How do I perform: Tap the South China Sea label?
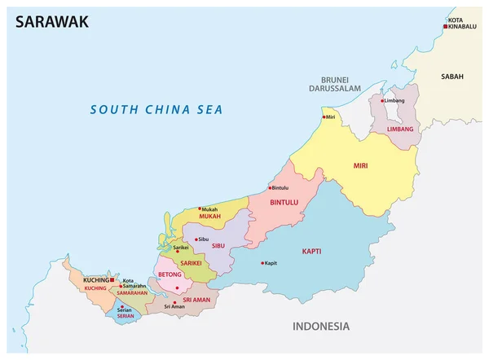[156, 109]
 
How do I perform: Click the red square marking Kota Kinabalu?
[446, 27]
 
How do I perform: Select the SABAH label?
[452, 77]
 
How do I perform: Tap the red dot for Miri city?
[324, 117]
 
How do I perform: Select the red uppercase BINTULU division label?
[285, 200]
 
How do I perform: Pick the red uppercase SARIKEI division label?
[190, 262]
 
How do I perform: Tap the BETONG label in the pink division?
[170, 275]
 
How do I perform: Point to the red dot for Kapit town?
[262, 262]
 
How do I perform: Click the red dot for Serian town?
[116, 306]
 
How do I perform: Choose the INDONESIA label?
[320, 327]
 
